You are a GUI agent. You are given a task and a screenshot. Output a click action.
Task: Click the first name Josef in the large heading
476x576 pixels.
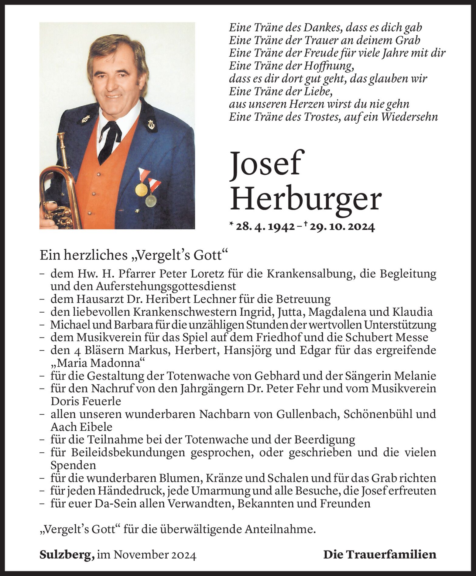[x=267, y=165]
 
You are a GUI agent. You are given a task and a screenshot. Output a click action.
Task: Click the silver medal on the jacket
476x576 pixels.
[x=151, y=201]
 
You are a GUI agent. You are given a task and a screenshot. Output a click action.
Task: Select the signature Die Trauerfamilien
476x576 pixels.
[x=380, y=555]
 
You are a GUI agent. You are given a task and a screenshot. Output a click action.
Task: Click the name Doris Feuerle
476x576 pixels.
[x=86, y=401]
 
